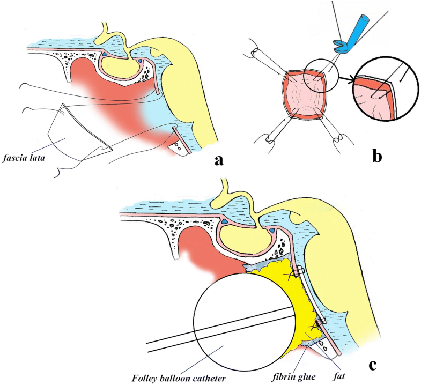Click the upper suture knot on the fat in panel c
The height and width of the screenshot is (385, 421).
pyautogui.click(x=293, y=274)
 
